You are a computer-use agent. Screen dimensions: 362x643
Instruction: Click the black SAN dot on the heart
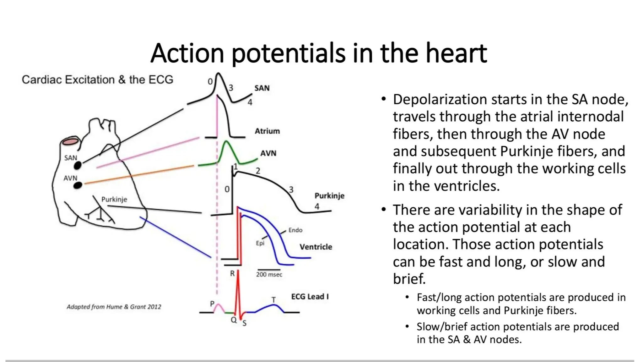pos(78,165)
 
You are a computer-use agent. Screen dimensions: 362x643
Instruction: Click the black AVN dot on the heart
pos(78,185)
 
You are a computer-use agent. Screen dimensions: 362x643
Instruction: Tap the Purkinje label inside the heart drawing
pos(114,199)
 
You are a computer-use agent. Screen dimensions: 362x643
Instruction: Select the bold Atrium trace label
pos(267,131)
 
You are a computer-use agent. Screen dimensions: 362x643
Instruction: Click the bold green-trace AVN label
pos(268,153)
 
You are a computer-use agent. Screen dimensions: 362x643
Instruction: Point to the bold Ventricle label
pos(316,247)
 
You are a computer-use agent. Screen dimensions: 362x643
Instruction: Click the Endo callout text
pos(295,230)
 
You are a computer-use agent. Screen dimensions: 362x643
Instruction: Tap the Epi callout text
pos(260,243)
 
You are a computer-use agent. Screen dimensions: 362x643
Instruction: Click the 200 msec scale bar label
pos(269,274)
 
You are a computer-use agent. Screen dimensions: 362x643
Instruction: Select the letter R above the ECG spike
pos(232,273)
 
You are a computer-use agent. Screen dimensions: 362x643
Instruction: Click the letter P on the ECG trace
pos(212,304)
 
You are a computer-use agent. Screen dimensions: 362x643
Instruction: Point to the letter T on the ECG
pos(273,300)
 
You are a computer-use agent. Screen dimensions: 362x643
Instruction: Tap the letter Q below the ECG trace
pos(234,320)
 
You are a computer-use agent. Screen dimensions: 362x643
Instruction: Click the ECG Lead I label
pos(310,297)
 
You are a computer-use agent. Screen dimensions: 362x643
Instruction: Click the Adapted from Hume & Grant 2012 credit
pos(114,307)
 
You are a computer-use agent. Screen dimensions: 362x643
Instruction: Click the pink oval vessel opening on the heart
pos(71,142)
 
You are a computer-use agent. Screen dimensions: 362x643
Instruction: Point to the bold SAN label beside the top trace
pos(262,88)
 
